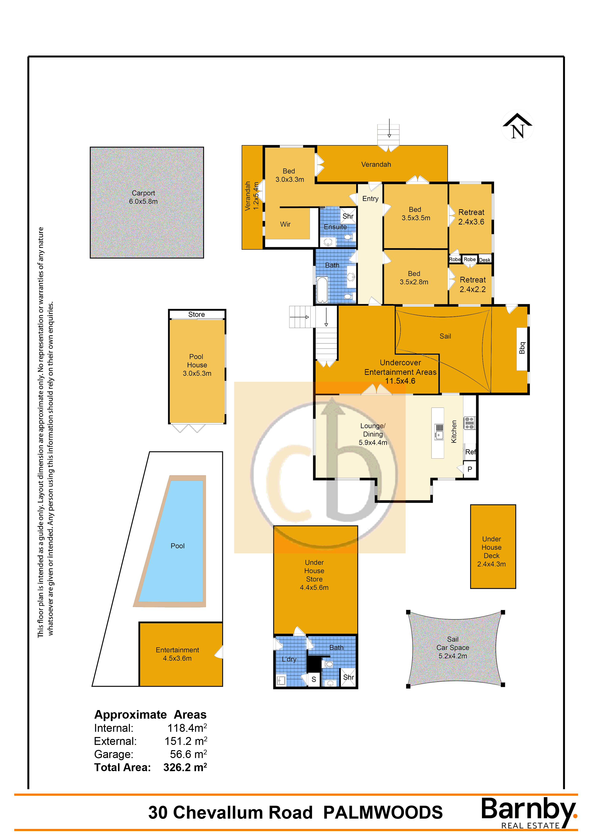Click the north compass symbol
pos(517,126)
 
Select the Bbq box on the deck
pos(522,349)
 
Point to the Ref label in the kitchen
pos(470,452)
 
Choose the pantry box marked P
pos(470,469)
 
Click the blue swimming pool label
pos(178,546)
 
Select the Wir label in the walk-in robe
pos(285,224)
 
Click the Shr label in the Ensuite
pos(348,216)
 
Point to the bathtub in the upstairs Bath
pos(322,290)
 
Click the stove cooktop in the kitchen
pos(470,423)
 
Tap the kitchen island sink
pos(439,431)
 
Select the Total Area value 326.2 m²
pos(185,767)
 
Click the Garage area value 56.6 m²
pos(188,754)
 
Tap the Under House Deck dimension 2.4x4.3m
pos(491,564)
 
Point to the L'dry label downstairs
pos(289,659)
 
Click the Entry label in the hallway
pos(370,199)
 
